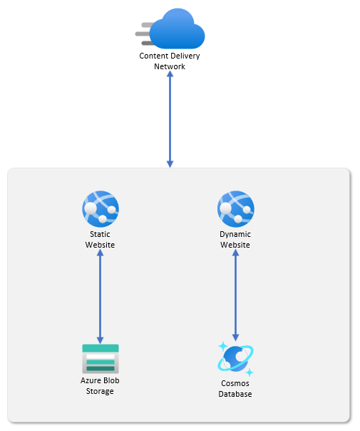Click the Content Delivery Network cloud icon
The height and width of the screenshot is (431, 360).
[x=170, y=29]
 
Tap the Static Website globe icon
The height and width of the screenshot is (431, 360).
[x=101, y=209]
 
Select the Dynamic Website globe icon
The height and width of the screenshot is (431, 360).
[x=236, y=209]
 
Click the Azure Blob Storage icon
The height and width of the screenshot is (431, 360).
[x=101, y=359]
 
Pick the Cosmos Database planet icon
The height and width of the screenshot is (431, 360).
[x=236, y=359]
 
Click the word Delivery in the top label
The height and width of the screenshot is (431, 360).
[x=185, y=56]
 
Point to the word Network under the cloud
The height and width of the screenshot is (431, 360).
[x=170, y=66]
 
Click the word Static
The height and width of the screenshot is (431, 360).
[x=100, y=234]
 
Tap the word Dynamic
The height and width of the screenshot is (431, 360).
[x=235, y=235]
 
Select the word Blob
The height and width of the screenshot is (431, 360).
[x=111, y=380]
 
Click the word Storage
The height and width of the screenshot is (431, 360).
[x=100, y=392]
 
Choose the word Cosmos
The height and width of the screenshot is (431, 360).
[x=235, y=383]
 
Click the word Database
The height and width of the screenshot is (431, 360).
[x=235, y=394]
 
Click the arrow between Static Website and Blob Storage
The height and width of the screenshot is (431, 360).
[x=101, y=297]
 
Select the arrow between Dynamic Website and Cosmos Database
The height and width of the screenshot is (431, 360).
[x=236, y=295]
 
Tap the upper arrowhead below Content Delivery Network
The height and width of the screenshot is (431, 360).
[x=170, y=74]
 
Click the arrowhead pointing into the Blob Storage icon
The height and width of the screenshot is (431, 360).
[x=101, y=340]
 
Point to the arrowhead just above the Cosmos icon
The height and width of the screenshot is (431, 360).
[x=236, y=338]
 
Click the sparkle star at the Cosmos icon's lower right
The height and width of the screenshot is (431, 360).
[x=250, y=372]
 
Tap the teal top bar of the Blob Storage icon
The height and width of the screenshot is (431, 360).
[x=101, y=348]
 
